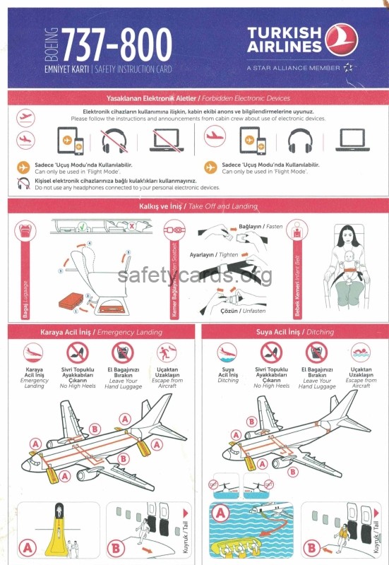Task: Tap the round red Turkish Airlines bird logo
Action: pos(343,42)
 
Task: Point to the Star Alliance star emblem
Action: pos(349,68)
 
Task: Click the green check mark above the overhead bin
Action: pos(83,227)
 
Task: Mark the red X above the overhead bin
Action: pos(131,227)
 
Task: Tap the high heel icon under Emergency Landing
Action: pos(78,352)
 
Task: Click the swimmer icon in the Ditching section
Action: pos(360,352)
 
